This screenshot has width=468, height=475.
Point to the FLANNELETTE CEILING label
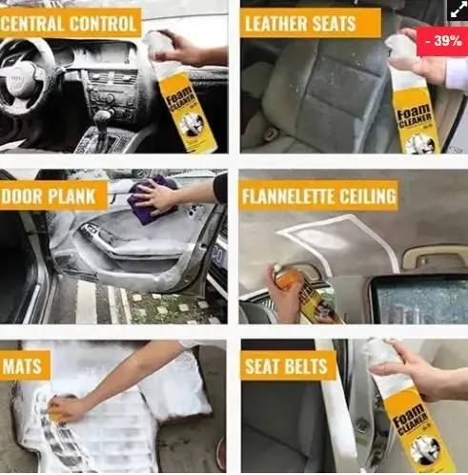coord(318,197)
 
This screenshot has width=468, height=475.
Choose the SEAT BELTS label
coord(287,366)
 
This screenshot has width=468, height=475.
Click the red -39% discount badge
coord(441,41)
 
